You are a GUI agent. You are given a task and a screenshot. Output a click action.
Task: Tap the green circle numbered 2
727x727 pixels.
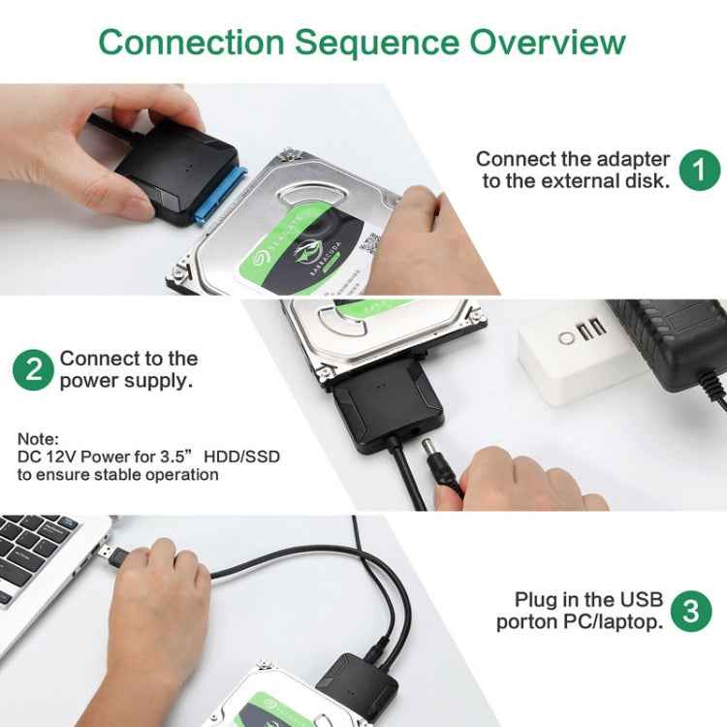click(33, 370)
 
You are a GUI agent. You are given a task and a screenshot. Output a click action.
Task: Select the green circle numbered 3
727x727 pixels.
click(690, 612)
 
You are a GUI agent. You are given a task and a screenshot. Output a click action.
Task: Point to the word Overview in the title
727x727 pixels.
click(548, 43)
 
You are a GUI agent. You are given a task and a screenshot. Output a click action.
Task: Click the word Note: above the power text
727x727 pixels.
click(38, 438)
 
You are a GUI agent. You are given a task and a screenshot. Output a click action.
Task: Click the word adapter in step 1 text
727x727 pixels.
click(631, 159)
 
